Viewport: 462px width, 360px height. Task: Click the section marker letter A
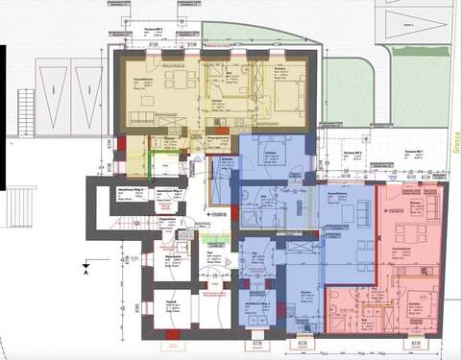(87, 274)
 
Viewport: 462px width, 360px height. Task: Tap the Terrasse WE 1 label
(417, 153)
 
